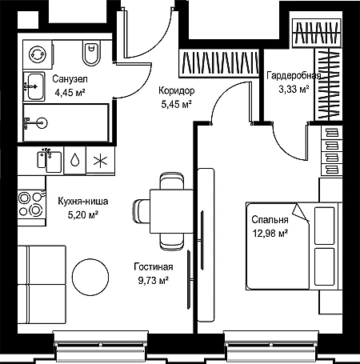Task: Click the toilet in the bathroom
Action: [91, 53]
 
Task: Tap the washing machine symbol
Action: [38, 54]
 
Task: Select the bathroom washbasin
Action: [34, 86]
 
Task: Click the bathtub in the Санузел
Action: [66, 123]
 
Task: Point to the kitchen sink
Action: [50, 161]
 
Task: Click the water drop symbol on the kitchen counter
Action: [74, 160]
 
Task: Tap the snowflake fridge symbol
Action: [100, 161]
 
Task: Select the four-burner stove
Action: [31, 204]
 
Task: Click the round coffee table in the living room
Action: [90, 277]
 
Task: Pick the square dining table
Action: [171, 211]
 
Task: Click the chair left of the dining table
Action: [142, 211]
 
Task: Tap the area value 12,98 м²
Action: [270, 234]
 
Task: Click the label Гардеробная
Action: [294, 76]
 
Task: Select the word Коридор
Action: [177, 90]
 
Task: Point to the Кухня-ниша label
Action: [83, 201]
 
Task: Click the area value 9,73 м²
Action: [153, 281]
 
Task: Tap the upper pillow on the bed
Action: [324, 226]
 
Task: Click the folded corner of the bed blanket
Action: [300, 213]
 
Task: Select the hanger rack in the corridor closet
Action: [219, 63]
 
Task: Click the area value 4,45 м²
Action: [70, 93]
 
